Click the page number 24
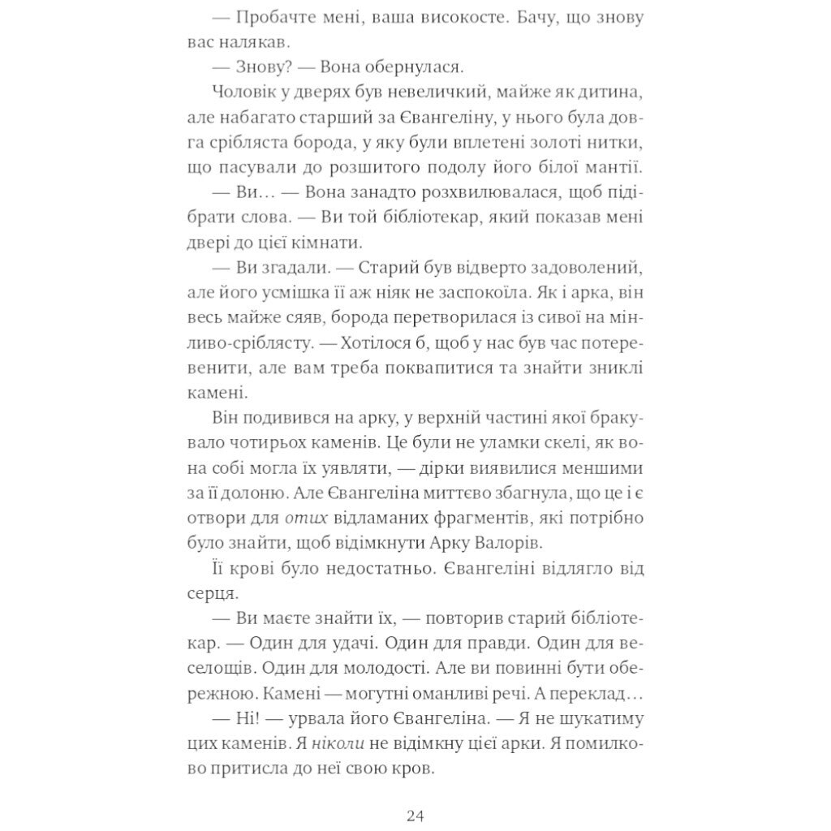tap(415, 816)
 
